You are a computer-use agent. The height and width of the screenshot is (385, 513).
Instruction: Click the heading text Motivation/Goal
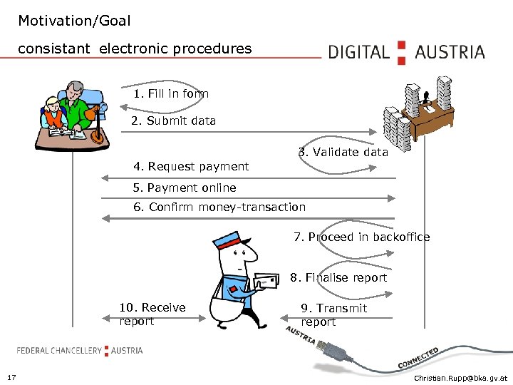74,21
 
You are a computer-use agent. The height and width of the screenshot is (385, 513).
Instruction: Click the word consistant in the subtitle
54,48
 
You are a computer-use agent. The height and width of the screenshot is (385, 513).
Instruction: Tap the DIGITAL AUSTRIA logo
406,52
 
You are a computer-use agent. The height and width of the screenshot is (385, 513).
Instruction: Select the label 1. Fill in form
170,93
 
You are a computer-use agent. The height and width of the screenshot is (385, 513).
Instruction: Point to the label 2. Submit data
173,120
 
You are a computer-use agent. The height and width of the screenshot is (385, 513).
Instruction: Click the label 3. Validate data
343,152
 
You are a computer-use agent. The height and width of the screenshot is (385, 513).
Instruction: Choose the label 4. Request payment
191,166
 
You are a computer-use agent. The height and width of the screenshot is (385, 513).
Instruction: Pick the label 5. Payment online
185,188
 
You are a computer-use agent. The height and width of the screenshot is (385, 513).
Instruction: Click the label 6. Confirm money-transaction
219,207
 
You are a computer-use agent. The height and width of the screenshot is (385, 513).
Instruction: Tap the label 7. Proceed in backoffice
361,237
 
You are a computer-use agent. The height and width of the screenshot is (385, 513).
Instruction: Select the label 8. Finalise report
338,277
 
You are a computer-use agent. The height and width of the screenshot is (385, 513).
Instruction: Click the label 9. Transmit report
333,314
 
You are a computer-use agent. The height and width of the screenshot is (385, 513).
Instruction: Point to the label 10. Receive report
152,314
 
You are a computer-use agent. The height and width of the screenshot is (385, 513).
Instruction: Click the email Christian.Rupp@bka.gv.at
461,377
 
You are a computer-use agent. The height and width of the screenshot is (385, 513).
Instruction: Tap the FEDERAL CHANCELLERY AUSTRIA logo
80,350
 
